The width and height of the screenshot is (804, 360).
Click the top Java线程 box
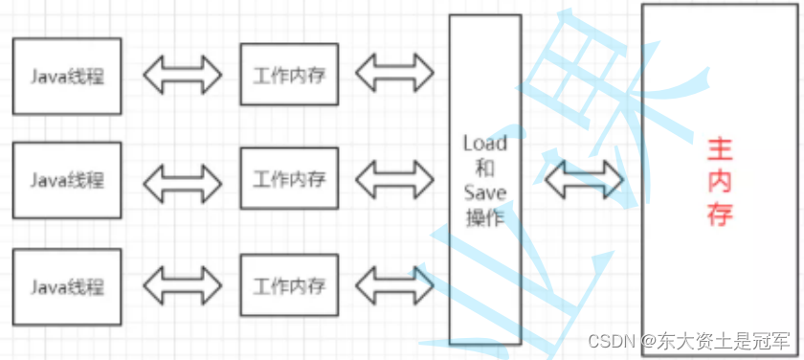(67, 75)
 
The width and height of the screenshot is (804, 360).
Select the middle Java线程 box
(67, 179)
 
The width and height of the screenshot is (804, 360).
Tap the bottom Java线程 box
(67, 285)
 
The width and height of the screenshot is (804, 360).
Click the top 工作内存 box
(289, 74)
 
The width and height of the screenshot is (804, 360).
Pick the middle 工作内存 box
(289, 179)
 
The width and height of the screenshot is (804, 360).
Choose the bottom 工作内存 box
(289, 285)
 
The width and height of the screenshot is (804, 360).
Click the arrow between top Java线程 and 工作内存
(181, 75)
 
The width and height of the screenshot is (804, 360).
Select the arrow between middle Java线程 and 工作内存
(181, 179)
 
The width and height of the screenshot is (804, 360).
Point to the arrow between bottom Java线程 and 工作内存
(181, 285)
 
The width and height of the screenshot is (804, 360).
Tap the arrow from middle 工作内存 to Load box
(394, 178)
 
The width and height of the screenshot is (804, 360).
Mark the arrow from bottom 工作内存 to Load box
(394, 284)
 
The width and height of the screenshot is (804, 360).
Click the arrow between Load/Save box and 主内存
(584, 178)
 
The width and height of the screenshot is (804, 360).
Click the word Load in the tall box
(484, 144)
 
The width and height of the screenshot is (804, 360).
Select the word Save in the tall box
(484, 193)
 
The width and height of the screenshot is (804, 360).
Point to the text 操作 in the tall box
(484, 218)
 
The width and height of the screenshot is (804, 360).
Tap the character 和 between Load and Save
(484, 169)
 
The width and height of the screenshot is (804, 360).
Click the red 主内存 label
(720, 180)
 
